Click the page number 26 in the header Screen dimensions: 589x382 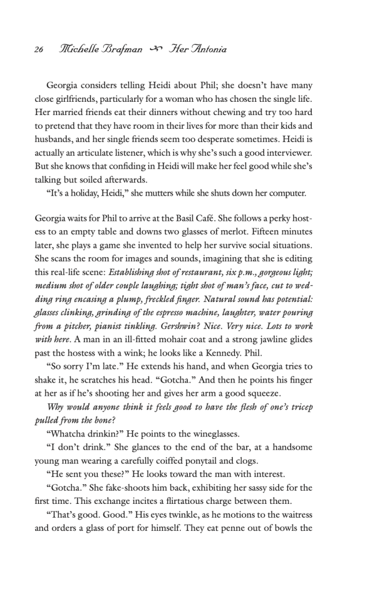[39, 50]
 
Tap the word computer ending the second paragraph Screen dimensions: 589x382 [286, 193]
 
